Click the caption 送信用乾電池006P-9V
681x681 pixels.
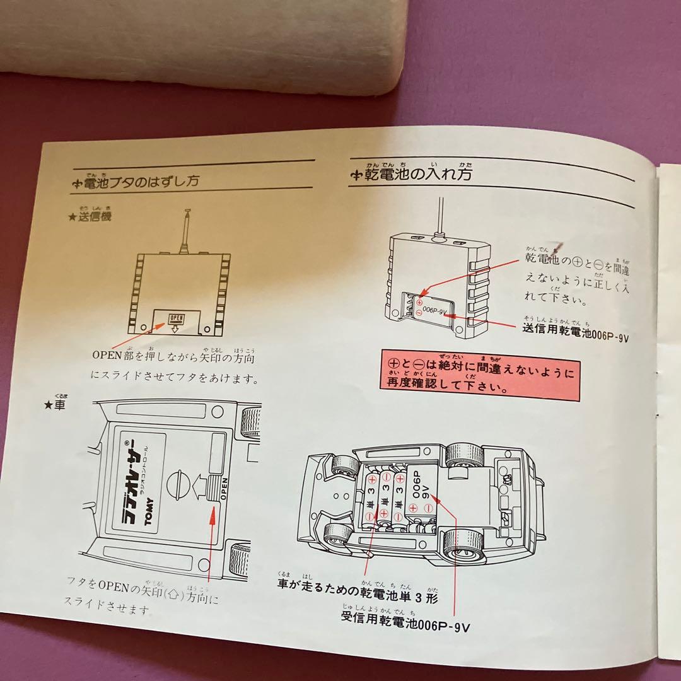click(x=576, y=330)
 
